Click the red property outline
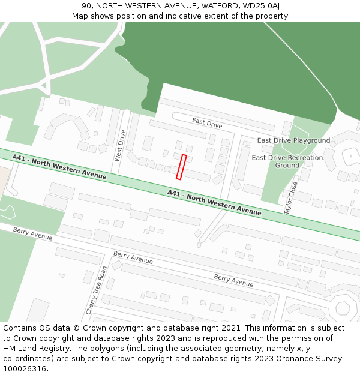pyautogui.click(x=181, y=167)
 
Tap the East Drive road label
pyautogui.click(x=207, y=122)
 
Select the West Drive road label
pyautogui.click(x=121, y=145)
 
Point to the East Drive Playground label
pyautogui.click(x=293, y=140)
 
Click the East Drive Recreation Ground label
pyautogui.click(x=287, y=161)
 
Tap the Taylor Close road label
pyautogui.click(x=290, y=198)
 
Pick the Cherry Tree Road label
pyautogui.click(x=96, y=290)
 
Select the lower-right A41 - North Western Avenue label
pyautogui.click(x=214, y=202)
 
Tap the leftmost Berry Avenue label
pyautogui.click(x=33, y=233)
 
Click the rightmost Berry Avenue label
pyautogui.click(x=233, y=280)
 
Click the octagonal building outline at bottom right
pyautogui.click(x=343, y=308)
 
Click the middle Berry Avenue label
pyautogui.click(x=133, y=257)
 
